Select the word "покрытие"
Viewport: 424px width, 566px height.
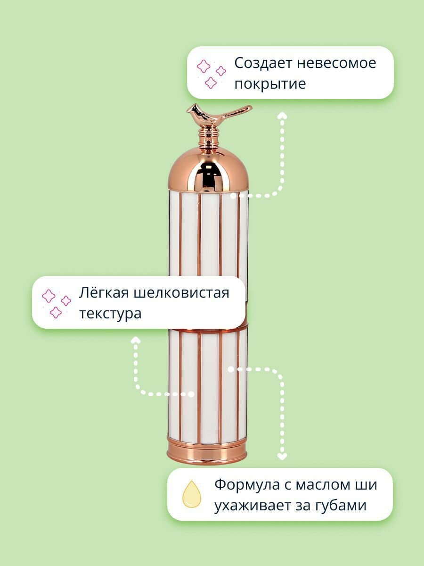(270, 83)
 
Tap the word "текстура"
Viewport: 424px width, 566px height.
(110, 313)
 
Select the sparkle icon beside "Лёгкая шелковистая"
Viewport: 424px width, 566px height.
(56, 303)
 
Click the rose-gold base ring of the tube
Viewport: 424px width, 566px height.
(206, 448)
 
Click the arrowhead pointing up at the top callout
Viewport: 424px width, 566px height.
(282, 116)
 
